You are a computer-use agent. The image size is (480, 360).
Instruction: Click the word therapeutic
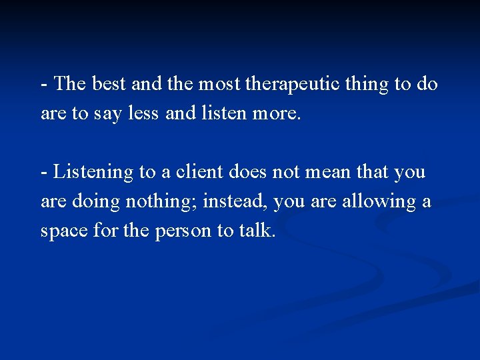(291, 85)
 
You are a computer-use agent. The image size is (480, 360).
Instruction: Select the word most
(221, 85)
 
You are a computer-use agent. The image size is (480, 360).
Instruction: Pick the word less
(143, 114)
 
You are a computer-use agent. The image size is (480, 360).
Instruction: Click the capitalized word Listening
(93, 172)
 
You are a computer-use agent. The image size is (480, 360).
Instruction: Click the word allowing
(379, 201)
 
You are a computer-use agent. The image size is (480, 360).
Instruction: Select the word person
(183, 231)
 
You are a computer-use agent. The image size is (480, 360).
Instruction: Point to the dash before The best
(44, 85)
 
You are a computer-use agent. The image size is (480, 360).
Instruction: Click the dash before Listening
(44, 173)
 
